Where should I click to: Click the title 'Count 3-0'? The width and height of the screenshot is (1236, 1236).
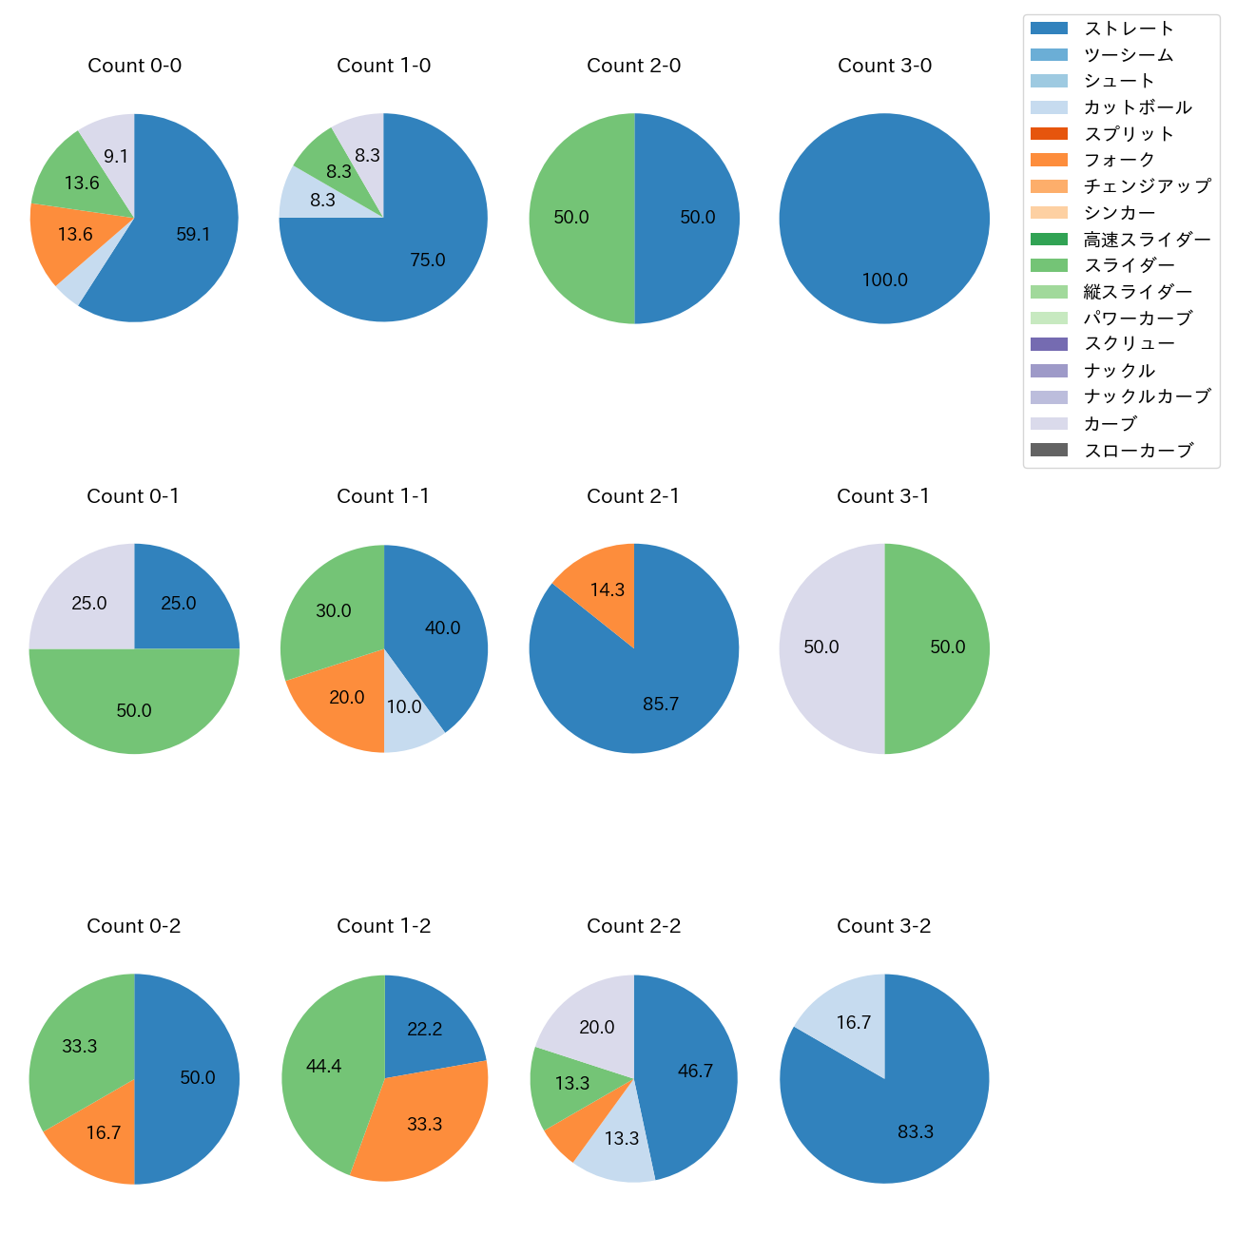[884, 66]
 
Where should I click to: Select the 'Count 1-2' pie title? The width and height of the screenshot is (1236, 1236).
[383, 926]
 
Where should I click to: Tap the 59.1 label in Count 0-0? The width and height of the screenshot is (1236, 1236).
[193, 234]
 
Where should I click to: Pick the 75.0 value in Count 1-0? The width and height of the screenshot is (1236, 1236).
[427, 260]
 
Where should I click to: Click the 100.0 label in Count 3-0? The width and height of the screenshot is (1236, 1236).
[884, 280]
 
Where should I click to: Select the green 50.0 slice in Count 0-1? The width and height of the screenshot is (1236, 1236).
[134, 710]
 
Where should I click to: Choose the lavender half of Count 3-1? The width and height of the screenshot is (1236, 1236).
[821, 647]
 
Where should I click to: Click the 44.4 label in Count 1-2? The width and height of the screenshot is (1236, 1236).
[323, 1066]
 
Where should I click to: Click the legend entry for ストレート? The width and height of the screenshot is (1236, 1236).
[1129, 29]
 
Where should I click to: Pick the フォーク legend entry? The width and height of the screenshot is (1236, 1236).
[1119, 160]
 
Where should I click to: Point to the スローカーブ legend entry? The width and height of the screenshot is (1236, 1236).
[1138, 451]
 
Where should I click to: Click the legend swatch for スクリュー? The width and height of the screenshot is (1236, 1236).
[1049, 344]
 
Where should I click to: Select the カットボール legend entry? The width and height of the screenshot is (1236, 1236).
[1137, 107]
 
